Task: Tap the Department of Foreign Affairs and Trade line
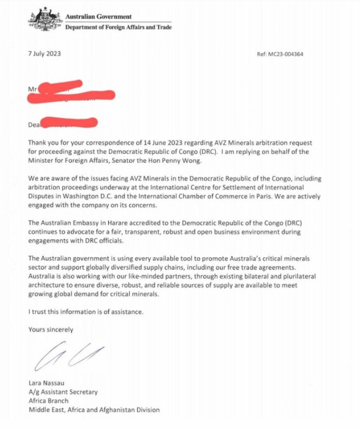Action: point(118,27)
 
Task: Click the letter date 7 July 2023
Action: point(46,54)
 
